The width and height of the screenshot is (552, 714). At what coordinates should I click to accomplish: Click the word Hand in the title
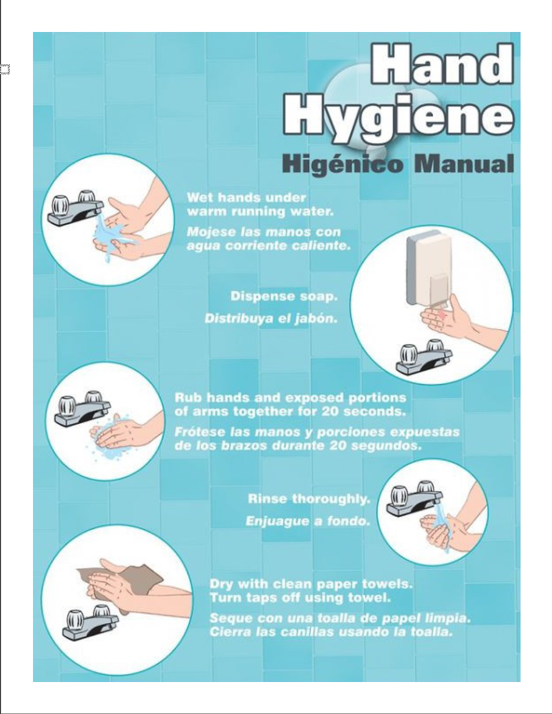click(x=442, y=64)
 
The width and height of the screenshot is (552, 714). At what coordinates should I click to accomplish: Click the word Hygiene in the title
click(x=398, y=118)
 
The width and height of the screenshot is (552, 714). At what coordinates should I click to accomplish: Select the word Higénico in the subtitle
click(x=342, y=164)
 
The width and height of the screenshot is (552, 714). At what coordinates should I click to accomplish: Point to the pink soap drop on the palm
click(x=441, y=315)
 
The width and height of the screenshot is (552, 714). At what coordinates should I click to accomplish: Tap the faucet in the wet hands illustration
click(x=75, y=208)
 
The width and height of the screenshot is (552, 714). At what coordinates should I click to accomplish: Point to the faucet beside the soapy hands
click(x=82, y=409)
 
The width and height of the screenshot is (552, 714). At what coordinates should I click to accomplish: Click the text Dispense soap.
click(x=284, y=296)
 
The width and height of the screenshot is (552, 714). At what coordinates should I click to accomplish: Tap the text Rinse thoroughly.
click(x=309, y=499)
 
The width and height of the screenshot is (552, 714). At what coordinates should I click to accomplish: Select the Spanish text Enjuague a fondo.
click(x=308, y=521)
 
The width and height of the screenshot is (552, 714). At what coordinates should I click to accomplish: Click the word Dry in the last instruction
click(x=221, y=584)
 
